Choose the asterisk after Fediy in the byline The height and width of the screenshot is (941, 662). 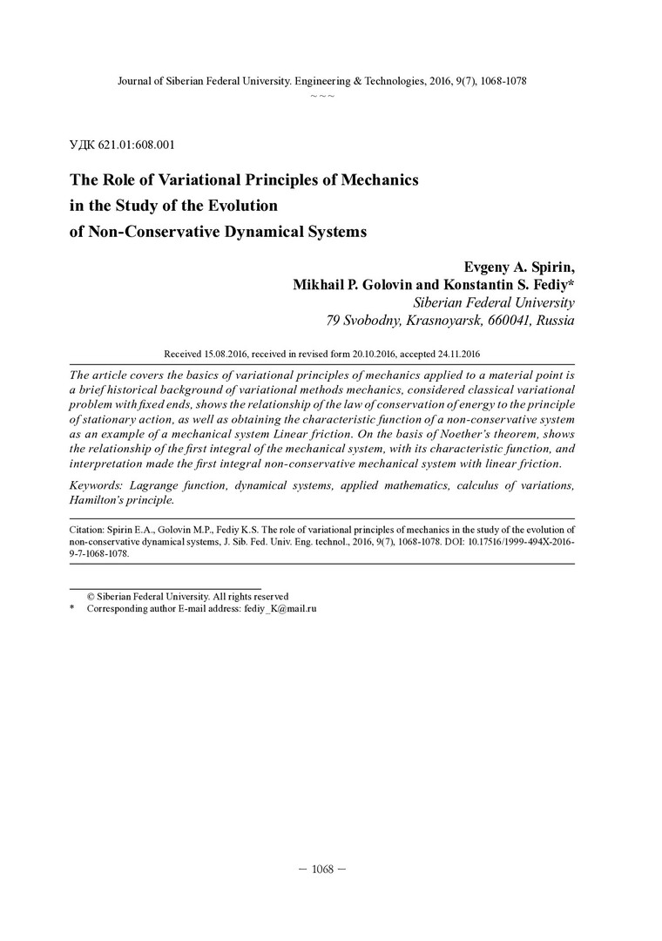[571, 284]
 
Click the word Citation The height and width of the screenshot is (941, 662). [88, 529]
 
